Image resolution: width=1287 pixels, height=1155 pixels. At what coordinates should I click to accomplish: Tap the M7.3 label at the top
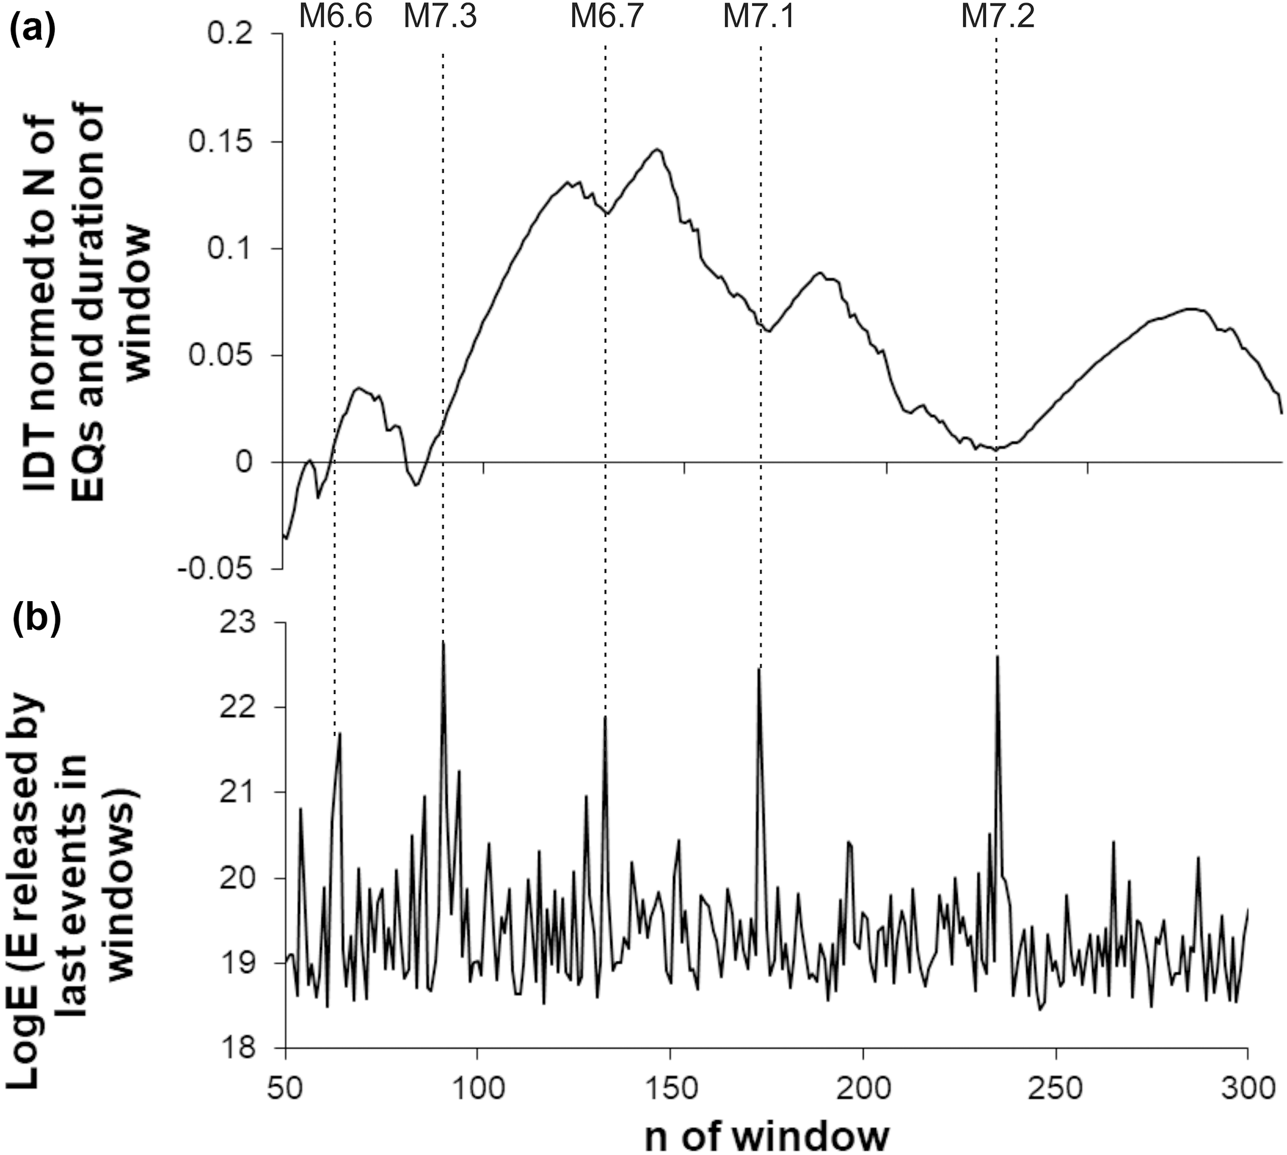click(440, 17)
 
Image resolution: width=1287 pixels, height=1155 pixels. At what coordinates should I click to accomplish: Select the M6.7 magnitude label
click(607, 17)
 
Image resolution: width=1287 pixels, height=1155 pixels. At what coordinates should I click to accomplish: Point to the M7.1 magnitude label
click(759, 17)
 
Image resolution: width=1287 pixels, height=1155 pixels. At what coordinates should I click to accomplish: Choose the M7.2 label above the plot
click(997, 17)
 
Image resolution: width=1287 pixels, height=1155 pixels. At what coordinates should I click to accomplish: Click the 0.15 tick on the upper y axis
click(227, 141)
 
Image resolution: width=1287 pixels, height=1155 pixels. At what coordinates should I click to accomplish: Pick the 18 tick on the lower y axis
click(253, 1047)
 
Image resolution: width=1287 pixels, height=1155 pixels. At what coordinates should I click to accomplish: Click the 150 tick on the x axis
click(670, 1089)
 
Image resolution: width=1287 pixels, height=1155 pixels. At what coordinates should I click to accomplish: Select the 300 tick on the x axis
click(1248, 1089)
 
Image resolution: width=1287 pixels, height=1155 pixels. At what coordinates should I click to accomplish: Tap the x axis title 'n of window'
click(767, 1135)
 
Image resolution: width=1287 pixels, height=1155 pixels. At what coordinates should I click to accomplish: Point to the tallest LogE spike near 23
click(443, 643)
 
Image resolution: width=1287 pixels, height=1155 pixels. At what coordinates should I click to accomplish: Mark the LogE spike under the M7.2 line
click(997, 657)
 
